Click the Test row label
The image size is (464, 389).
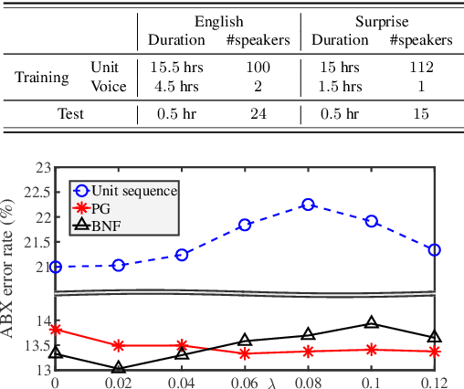tap(72, 114)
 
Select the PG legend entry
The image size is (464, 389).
tap(104, 207)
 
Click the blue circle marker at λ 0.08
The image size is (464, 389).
tap(308, 205)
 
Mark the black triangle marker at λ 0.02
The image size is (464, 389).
tap(119, 369)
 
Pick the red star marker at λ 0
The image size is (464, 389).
tap(56, 330)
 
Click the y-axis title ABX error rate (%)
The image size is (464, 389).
tap(13, 260)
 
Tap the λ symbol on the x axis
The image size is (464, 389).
tap(271, 381)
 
